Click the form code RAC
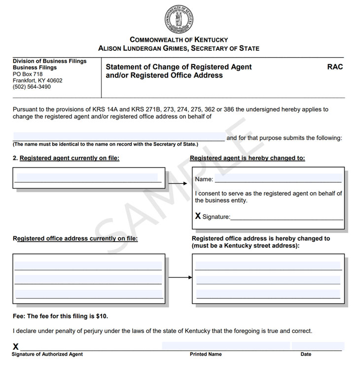(x=335, y=67)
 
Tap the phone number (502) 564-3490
(x=32, y=87)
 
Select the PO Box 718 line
(x=28, y=74)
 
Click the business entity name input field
(x=118, y=137)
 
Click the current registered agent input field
(x=87, y=178)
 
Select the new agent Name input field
(x=278, y=178)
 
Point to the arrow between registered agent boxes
(x=178, y=184)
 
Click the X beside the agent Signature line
(x=198, y=216)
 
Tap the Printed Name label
(x=206, y=354)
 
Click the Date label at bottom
(x=306, y=354)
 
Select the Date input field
(x=317, y=346)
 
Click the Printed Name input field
(x=225, y=346)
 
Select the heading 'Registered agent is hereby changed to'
(x=248, y=158)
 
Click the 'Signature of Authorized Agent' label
(x=47, y=354)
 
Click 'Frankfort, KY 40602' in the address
(x=37, y=80)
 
